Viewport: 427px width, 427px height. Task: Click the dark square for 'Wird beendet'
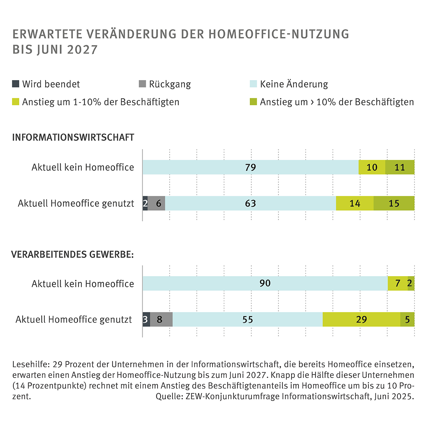pos(16,84)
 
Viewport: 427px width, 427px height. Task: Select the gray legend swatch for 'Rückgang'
pos(142,84)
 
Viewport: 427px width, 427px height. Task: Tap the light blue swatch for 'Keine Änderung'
pos(253,84)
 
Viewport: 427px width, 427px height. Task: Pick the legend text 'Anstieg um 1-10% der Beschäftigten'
pos(101,102)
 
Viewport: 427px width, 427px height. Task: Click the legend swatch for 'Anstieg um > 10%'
pos(253,102)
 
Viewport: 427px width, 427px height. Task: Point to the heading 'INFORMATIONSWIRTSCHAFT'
pos(73,137)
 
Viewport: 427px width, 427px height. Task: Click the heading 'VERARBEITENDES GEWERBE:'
pos(73,254)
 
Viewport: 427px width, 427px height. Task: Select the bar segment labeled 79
pos(251,167)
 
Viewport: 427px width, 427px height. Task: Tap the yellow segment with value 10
pos(372,167)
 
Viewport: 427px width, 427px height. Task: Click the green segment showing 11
pos(400,167)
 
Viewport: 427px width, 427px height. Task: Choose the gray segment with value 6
pos(156,203)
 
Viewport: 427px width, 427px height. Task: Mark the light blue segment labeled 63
pos(251,203)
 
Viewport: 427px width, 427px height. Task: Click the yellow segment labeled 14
pos(355,203)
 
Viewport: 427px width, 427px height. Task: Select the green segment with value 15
pos(394,203)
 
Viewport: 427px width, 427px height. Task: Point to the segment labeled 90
pos(265,283)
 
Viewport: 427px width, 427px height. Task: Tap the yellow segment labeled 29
pos(362,319)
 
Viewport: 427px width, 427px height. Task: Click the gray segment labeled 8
pos(161,319)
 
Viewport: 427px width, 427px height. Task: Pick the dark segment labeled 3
pos(146,319)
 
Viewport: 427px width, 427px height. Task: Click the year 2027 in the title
pos(82,49)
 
